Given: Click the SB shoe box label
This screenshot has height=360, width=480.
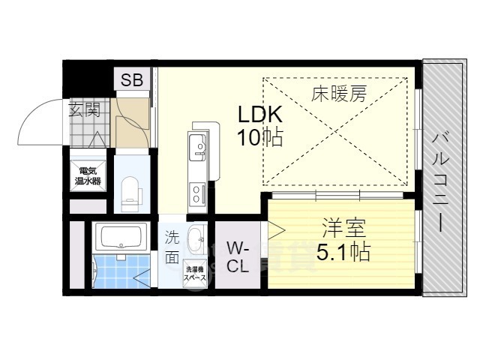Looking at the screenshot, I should [132, 81].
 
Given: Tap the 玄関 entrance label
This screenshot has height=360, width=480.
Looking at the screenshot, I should [85, 110].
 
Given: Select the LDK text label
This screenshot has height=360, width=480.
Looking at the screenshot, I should [259, 115].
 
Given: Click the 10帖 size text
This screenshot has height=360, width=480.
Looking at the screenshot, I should [259, 137].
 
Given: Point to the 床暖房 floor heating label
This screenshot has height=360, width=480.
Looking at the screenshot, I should [339, 94].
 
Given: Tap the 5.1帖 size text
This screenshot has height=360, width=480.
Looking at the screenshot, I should [343, 252].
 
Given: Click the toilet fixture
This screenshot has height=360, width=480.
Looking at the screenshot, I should [130, 190].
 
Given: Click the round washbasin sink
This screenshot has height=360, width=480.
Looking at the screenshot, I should [196, 241].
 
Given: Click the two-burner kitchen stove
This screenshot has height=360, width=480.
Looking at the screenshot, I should [196, 195].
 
